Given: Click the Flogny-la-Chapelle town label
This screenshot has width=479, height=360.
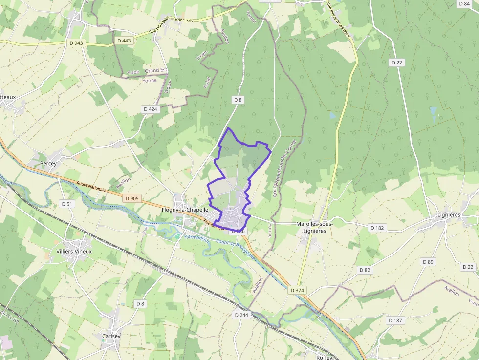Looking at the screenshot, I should point(185,210).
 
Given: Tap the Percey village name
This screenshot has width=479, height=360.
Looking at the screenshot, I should point(48,163).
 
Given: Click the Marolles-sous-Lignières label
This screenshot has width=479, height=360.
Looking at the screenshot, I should point(314,227).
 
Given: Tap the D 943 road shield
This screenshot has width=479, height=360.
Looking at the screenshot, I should point(76,43).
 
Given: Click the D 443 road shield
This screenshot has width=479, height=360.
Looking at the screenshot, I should point(124,41).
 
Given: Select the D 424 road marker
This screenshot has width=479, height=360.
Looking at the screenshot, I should point(151,109).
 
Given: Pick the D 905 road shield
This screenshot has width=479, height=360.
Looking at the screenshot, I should point(132,198).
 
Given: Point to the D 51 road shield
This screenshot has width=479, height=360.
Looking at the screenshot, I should point(67,203).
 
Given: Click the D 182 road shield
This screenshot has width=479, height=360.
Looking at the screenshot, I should point(377,228).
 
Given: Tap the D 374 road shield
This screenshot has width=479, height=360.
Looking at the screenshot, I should point(297,290).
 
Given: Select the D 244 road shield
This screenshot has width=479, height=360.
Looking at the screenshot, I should point(241,315).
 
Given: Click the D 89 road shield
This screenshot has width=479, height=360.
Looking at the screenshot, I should point(428,262).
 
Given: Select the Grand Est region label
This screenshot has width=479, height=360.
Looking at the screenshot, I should point(156,71).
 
